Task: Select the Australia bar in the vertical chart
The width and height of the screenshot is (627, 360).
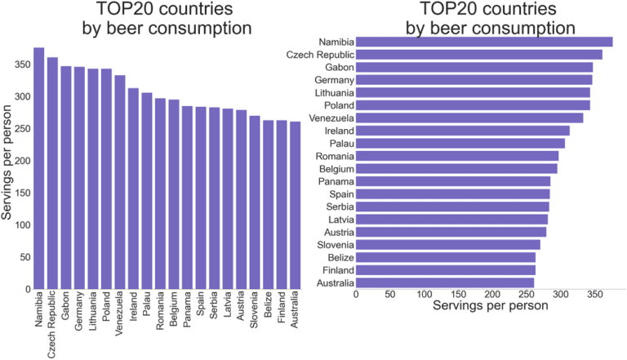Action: point(294,205)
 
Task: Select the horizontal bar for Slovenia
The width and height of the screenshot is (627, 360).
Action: point(448,244)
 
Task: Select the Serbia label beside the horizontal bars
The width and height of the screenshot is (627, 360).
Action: point(340,207)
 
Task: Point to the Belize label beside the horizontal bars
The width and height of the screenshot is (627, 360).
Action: point(340,257)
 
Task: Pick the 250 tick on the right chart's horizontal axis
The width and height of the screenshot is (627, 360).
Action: point(526,295)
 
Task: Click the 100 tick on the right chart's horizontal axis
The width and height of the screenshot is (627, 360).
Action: point(425,295)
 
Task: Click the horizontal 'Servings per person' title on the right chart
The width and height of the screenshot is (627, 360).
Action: point(489,309)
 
